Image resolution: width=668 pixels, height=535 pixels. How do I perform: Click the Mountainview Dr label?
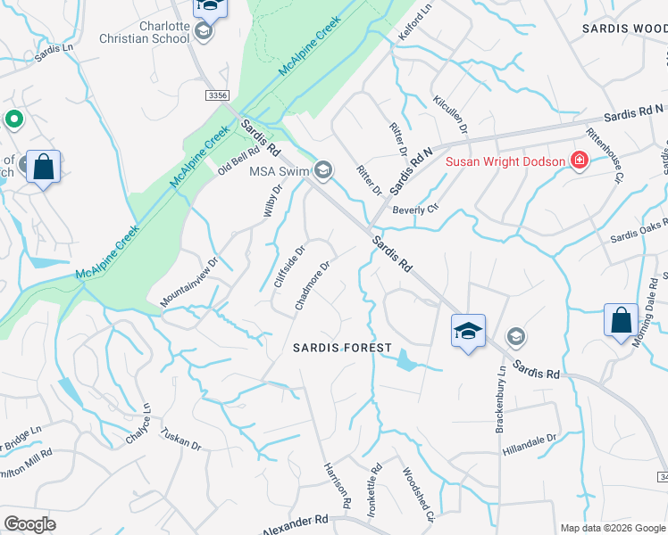coord(189,284)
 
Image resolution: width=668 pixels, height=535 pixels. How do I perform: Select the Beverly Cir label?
coord(416,209)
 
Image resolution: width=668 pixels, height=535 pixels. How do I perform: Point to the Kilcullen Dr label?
coord(450,116)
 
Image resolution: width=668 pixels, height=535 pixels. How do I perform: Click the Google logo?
coord(29,524)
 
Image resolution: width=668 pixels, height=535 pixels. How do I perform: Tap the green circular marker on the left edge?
coord(13,119)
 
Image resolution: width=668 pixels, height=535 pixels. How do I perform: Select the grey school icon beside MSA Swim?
coord(323,169)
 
